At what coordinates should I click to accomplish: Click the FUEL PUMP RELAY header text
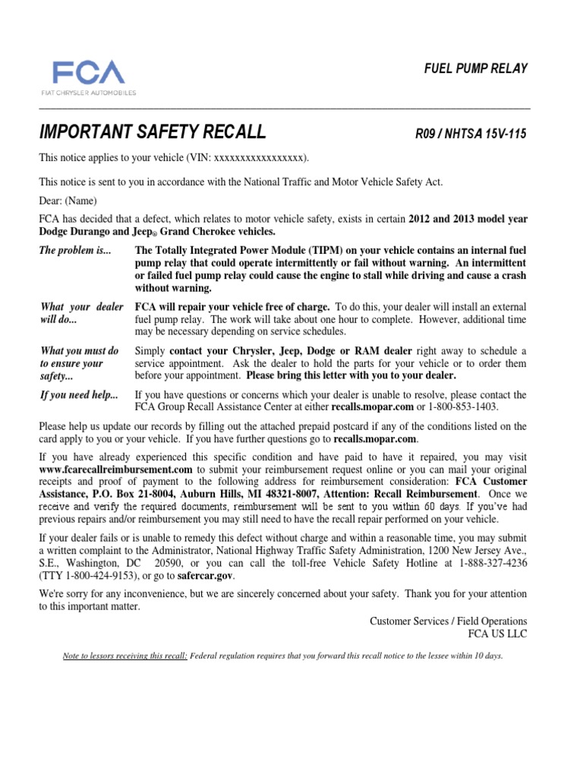click(x=476, y=69)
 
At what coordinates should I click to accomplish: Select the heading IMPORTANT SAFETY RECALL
click(x=153, y=132)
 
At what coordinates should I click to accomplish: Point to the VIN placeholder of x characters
click(x=260, y=158)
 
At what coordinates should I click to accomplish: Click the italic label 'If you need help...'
click(x=79, y=395)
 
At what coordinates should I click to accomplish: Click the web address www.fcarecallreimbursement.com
click(x=116, y=470)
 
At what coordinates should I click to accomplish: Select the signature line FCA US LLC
click(x=499, y=633)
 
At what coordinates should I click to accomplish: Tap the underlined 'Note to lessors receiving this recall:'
click(x=124, y=656)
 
